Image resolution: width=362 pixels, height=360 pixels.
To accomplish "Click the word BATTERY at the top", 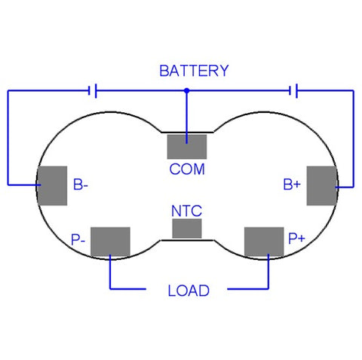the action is [194, 71].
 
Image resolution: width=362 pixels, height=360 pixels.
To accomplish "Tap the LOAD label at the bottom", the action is [189, 291].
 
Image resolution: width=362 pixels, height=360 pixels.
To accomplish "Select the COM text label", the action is [187, 169].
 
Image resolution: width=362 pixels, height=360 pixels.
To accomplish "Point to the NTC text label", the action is [186, 211].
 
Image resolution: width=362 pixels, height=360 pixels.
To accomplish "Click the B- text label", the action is [81, 185].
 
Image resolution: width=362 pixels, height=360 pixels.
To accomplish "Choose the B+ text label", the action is [292, 185].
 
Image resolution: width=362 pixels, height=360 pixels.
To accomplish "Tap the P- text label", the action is [78, 239].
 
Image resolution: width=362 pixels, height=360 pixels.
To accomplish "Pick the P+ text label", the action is [296, 238].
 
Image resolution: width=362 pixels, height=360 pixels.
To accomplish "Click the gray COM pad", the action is [187, 147].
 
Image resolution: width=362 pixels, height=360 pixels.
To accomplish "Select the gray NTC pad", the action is [187, 228].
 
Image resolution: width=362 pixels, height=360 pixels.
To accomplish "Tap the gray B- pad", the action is [52, 186].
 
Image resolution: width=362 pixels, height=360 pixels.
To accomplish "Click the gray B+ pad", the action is [322, 186].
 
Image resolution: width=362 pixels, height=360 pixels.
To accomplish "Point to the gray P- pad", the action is [110, 242].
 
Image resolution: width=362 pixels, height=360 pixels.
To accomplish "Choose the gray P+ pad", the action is [264, 242].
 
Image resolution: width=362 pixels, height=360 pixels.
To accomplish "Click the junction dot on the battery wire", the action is [186, 90].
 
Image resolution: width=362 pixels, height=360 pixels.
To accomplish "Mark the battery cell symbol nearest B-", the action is [93, 90].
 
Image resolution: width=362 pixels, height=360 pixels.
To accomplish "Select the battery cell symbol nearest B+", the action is [293, 90].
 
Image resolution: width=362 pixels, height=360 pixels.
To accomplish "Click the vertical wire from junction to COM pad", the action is [186, 117].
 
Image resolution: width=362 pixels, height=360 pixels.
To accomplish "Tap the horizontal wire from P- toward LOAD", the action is [128, 289].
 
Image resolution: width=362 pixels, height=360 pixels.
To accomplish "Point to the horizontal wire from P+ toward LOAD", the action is [248, 289].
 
